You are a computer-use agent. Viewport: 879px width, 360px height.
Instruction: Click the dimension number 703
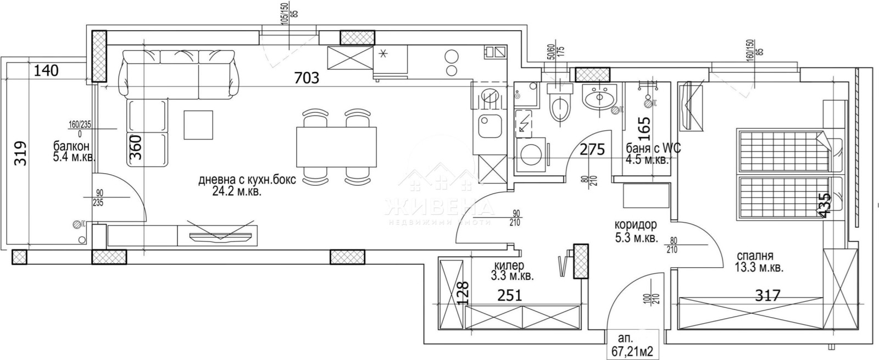[307, 78]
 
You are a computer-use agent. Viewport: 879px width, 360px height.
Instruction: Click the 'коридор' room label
[636, 225]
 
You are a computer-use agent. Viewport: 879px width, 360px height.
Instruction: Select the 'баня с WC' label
[649, 148]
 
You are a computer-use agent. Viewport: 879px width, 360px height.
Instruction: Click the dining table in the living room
[336, 147]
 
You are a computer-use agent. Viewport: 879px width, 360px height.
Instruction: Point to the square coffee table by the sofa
[198, 125]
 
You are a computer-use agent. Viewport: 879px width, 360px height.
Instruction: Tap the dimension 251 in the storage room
[510, 296]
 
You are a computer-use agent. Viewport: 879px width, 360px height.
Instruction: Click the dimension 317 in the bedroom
[767, 296]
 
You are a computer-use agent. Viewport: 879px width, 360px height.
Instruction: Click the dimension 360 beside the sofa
[136, 147]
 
